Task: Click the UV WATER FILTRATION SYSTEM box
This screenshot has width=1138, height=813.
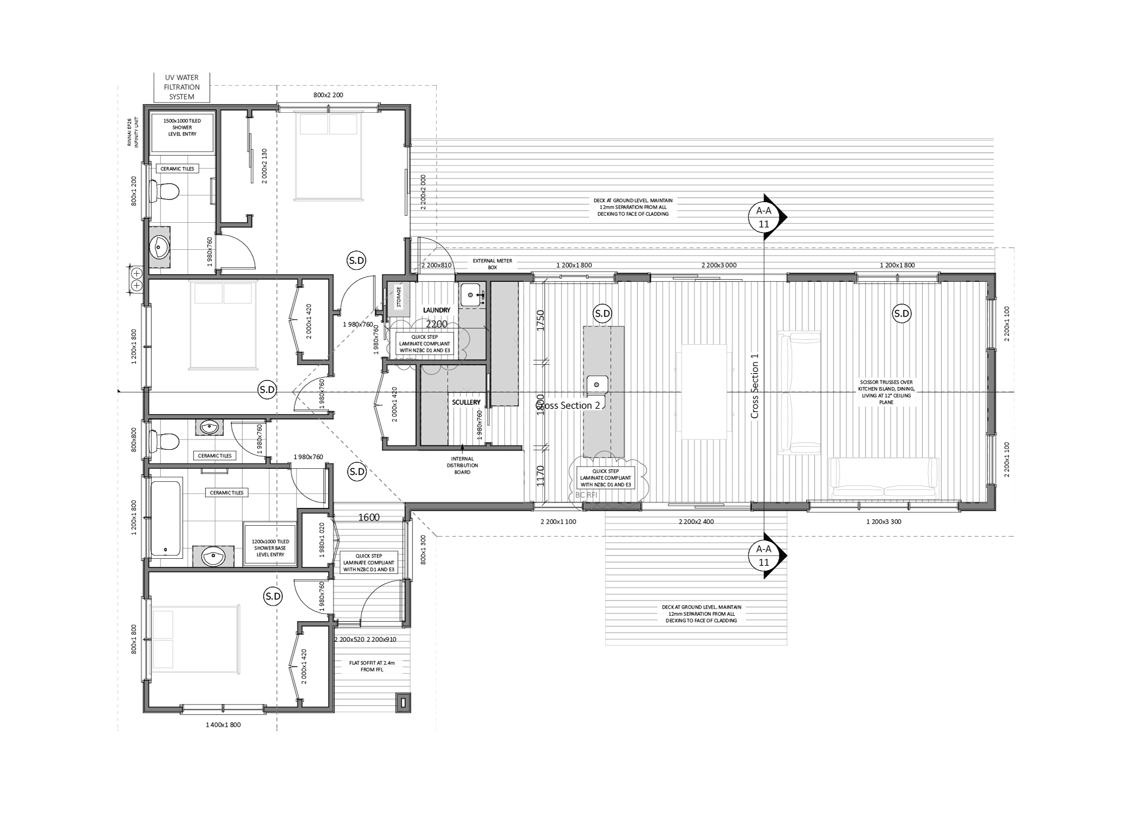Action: pyautogui.click(x=182, y=87)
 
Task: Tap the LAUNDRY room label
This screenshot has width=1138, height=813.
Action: pyautogui.click(x=437, y=310)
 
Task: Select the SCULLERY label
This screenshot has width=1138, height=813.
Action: pyautogui.click(x=466, y=402)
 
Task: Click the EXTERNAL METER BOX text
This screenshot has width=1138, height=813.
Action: pyautogui.click(x=492, y=264)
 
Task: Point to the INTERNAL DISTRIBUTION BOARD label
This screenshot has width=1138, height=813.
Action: pyautogui.click(x=462, y=465)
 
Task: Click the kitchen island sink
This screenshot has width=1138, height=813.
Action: pyautogui.click(x=597, y=385)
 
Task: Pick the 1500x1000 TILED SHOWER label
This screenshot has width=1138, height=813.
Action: pyautogui.click(x=182, y=127)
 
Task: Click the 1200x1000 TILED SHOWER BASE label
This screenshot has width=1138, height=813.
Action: pyautogui.click(x=269, y=547)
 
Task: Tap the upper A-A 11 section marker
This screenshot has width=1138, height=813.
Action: pyautogui.click(x=764, y=216)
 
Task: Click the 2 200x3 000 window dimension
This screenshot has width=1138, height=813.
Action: pyautogui.click(x=719, y=266)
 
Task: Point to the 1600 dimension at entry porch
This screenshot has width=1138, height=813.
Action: pyautogui.click(x=368, y=518)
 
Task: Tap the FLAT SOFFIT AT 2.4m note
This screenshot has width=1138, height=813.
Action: pyautogui.click(x=371, y=666)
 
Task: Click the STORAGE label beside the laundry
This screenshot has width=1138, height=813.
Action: pyautogui.click(x=399, y=297)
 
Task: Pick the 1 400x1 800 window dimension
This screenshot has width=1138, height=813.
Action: pyautogui.click(x=223, y=724)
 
